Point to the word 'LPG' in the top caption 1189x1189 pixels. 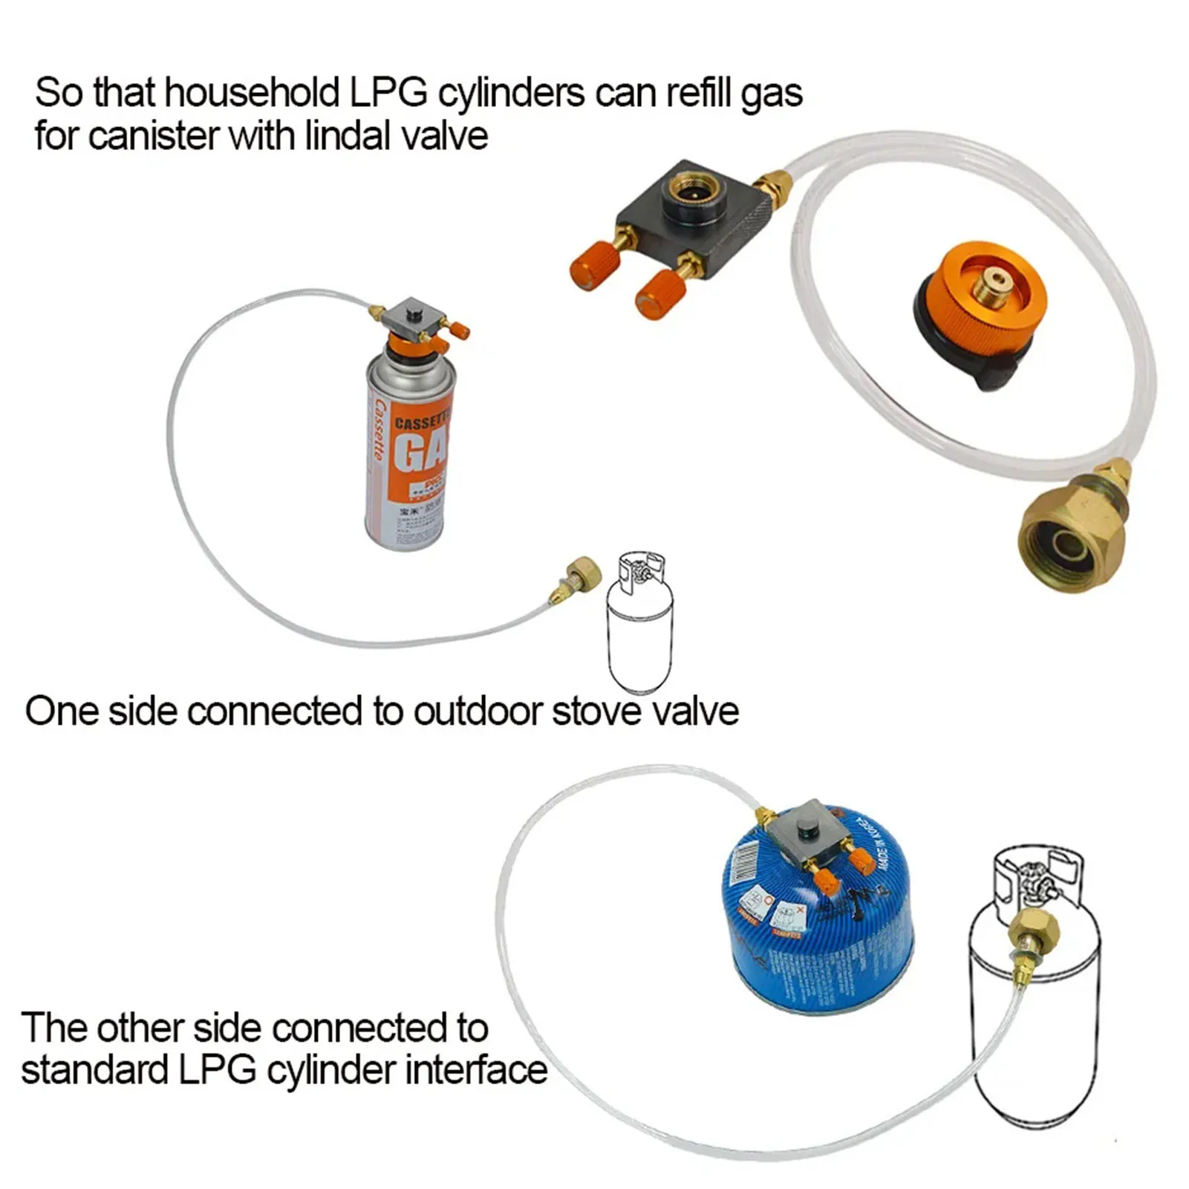click(x=388, y=94)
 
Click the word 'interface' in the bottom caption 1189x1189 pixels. click(x=475, y=1070)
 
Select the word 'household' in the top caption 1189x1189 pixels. click(x=253, y=94)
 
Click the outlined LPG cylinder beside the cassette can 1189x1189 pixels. click(x=640, y=624)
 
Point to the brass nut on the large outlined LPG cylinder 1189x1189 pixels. click(x=1035, y=928)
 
